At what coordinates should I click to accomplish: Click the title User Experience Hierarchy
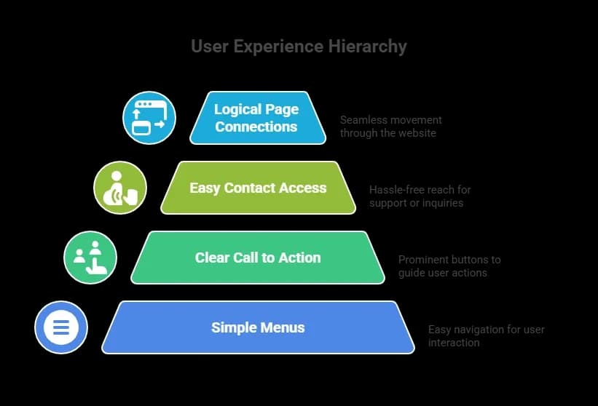click(299, 47)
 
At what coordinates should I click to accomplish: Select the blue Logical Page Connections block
click(256, 118)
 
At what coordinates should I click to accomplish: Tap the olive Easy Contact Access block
click(258, 188)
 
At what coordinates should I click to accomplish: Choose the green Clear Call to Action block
click(258, 258)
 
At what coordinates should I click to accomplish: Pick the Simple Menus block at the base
click(258, 327)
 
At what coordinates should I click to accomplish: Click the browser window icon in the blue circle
click(149, 118)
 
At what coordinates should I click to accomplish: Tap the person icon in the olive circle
click(120, 188)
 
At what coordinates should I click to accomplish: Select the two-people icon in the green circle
click(90, 258)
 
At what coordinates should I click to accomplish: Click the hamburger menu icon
click(61, 327)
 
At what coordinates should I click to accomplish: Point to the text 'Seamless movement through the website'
click(390, 126)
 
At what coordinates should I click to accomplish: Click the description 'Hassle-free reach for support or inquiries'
click(420, 196)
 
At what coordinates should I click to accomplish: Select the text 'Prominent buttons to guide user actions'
click(449, 266)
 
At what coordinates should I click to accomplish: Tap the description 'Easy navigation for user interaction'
click(486, 335)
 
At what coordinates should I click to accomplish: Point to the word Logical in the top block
click(235, 109)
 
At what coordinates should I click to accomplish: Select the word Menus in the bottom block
click(282, 327)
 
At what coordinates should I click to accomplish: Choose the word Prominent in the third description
click(422, 260)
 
